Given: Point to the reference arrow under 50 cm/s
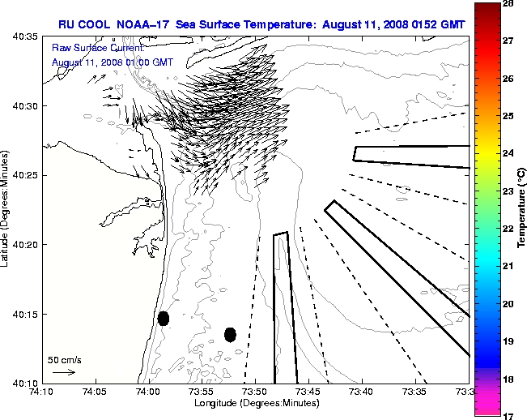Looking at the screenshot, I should (x=64, y=372).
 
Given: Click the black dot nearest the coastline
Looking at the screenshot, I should (x=164, y=318).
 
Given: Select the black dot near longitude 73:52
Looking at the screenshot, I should (x=230, y=334).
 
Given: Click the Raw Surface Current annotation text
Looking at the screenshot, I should (x=87, y=49).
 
